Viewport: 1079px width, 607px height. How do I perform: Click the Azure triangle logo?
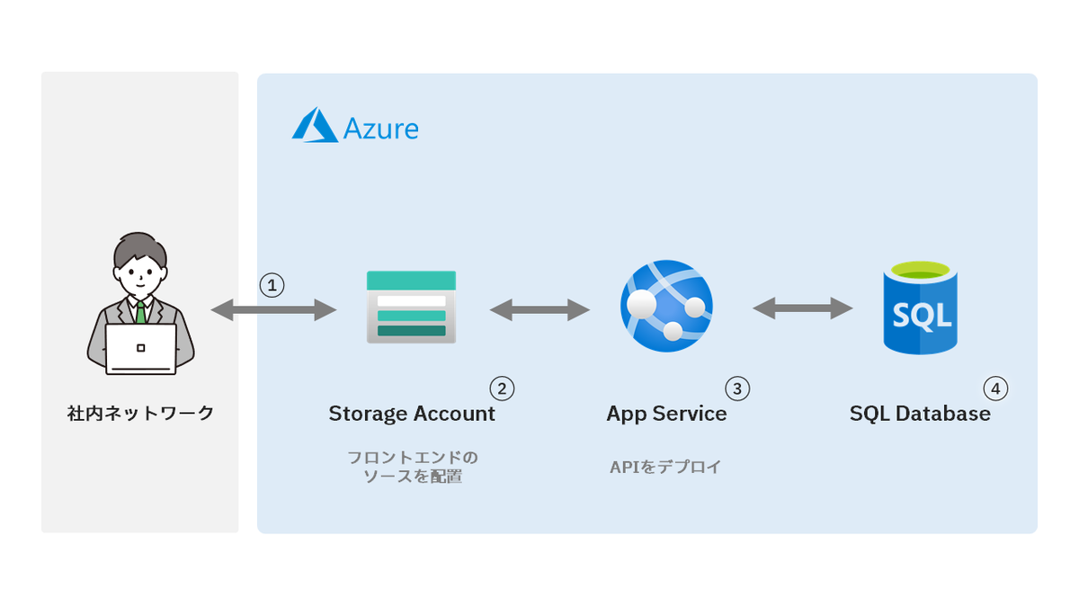coord(315,125)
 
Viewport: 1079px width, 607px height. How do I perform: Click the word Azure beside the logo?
coord(381,129)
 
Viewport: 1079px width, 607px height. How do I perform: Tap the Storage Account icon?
coord(412,307)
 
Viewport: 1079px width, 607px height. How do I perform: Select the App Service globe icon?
coord(666,306)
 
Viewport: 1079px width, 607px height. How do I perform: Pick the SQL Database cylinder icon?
coord(921,308)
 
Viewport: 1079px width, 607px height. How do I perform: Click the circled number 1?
coord(272,285)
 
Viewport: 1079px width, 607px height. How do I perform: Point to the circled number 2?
coord(502,388)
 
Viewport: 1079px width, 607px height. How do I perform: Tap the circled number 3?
coord(737,388)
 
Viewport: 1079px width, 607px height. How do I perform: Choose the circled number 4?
coord(995,388)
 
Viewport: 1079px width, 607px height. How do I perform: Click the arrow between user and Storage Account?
coord(273,309)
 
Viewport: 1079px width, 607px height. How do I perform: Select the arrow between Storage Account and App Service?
coord(540,309)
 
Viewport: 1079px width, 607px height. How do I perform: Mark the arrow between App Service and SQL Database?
coord(803,308)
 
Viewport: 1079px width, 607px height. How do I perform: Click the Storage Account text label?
coord(412,414)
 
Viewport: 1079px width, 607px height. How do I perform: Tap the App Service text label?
coord(666,415)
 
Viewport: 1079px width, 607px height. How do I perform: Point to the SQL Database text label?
coord(920,414)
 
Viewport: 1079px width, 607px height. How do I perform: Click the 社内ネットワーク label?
coord(140,414)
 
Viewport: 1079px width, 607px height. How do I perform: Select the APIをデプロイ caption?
coord(665,467)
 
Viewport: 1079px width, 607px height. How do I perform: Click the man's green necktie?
coord(140,313)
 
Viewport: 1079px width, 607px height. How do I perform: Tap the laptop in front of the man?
coord(140,349)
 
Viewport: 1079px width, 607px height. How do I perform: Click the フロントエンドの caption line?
coord(413,457)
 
